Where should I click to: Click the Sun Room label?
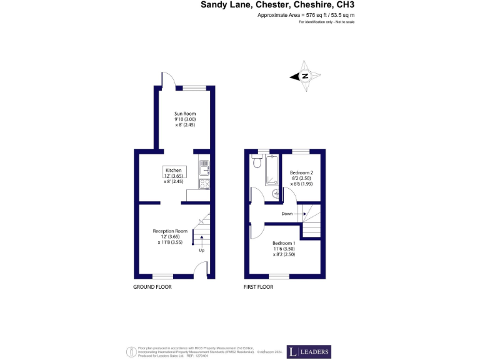pos(185,114)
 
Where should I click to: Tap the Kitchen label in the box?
pos(173,171)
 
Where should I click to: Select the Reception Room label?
pos(171,231)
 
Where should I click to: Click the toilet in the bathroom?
pos(256,162)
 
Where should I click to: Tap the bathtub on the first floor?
pos(272,170)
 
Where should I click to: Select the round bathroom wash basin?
pos(276,193)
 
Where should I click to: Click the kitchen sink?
pos(204,167)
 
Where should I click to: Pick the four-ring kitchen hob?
pos(204,183)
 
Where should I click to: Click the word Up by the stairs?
pos(201,251)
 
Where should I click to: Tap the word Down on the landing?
pos(287,214)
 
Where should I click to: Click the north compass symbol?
pos(306,76)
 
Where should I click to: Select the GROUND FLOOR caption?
pos(152,287)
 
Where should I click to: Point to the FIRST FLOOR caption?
pos(257,287)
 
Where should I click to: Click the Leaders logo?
pos(309,352)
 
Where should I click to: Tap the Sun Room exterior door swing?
pos(166,80)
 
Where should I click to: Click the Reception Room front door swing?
pos(200,270)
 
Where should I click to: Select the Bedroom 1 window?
pos(279,276)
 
